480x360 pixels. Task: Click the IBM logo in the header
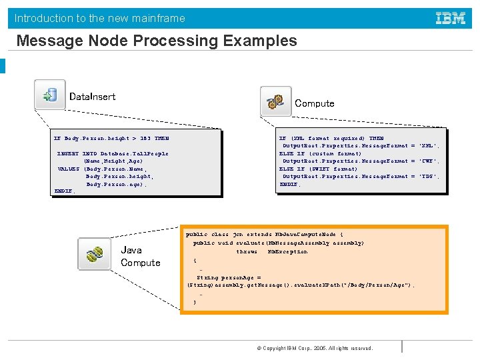point(451,19)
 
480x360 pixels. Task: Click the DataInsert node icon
point(50,95)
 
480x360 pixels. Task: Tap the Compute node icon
point(275,101)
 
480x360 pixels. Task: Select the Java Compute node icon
point(94,253)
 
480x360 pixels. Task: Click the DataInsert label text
point(92,97)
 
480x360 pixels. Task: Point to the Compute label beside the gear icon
point(314,103)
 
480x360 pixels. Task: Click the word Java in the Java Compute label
point(131,250)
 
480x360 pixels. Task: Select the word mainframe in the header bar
point(156,19)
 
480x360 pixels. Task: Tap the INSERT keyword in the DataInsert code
point(68,154)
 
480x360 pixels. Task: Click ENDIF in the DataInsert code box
point(64,191)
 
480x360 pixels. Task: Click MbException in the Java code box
point(287,252)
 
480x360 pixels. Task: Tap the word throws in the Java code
point(247,252)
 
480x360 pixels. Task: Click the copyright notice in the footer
point(315,348)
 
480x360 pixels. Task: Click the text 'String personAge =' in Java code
point(228,277)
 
